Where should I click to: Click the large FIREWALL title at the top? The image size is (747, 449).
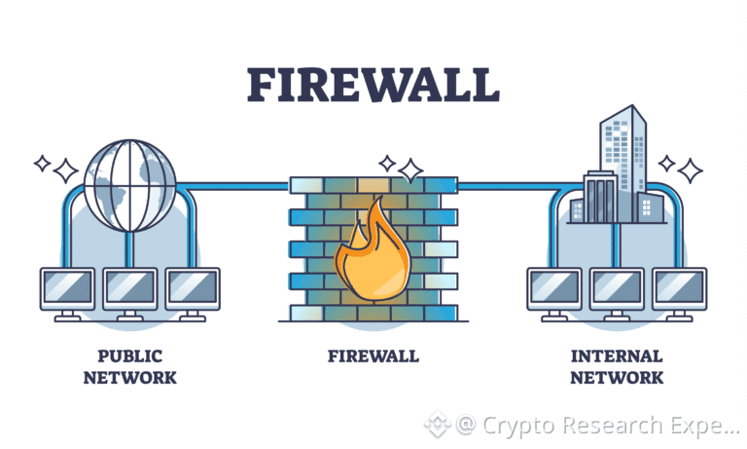point(373,85)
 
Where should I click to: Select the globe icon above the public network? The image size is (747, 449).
point(130,186)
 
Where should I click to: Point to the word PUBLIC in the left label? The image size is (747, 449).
point(130,355)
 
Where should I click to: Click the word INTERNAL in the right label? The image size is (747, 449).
point(617,355)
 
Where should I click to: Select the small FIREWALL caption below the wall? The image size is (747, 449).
point(373,355)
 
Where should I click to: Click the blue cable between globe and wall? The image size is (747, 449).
point(233,186)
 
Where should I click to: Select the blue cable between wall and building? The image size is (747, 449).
point(520,186)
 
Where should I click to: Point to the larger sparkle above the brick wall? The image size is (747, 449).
point(410,170)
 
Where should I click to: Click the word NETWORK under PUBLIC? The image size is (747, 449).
point(130,378)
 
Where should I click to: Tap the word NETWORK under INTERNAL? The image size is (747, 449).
point(617,378)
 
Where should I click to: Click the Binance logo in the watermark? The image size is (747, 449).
point(438,424)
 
